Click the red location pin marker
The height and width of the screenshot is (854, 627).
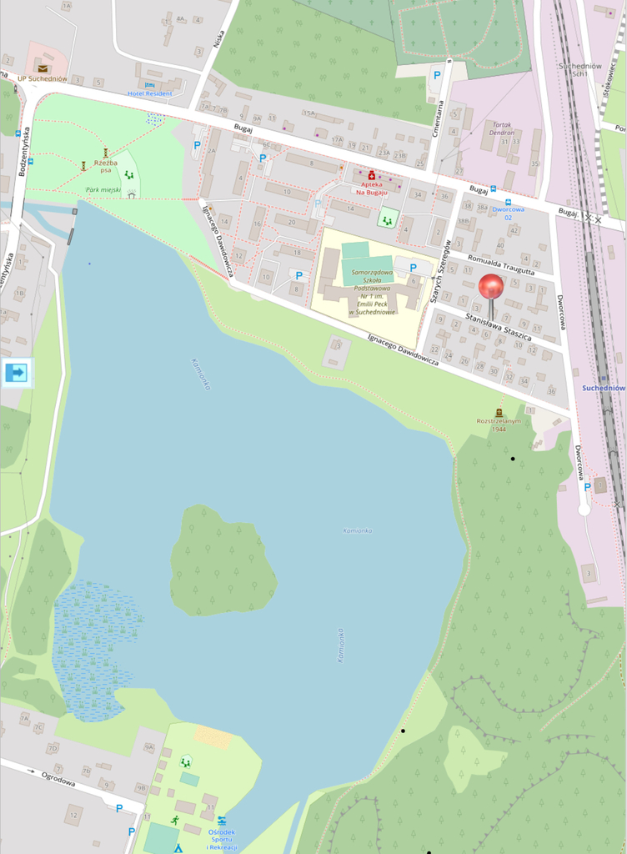click(x=490, y=288)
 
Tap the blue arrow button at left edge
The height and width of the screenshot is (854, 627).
click(x=16, y=372)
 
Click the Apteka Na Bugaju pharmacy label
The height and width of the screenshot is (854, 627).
click(x=373, y=188)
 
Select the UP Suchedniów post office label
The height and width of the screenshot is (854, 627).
click(x=43, y=78)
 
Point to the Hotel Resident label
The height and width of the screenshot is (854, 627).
click(x=150, y=93)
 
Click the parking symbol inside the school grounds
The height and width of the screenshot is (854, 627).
click(x=413, y=268)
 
